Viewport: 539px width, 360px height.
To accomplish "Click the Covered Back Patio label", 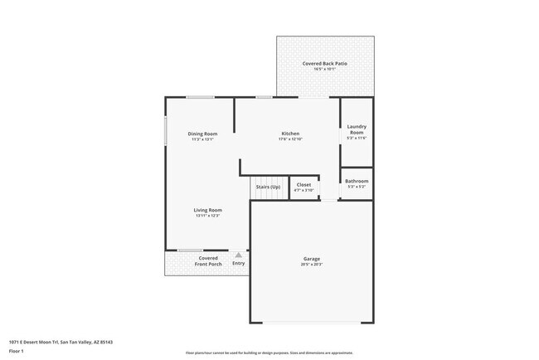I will (x=324, y=64).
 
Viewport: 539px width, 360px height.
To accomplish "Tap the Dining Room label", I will (x=202, y=134).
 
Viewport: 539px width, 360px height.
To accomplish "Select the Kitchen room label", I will (x=290, y=134).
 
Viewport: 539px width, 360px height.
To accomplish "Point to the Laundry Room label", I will (x=357, y=129).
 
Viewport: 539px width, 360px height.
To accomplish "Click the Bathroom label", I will (x=357, y=181).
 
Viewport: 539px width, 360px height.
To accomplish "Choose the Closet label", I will (x=303, y=185).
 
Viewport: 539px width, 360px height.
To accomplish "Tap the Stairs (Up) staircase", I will (x=268, y=187).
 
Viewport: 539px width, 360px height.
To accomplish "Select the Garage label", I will (x=311, y=259).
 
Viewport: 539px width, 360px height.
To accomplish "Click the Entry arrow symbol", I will (x=239, y=255).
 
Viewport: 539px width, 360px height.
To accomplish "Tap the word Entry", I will (x=239, y=264).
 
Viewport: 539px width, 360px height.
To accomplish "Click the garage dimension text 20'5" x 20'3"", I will (x=311, y=265).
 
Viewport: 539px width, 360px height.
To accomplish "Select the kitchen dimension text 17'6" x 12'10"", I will (x=290, y=139).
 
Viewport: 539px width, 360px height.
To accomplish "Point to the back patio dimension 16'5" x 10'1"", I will (x=324, y=70).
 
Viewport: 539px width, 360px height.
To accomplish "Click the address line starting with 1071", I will (x=61, y=342).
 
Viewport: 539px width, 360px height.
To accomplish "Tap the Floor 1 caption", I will (x=17, y=351).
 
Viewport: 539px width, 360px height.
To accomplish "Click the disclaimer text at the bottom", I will (x=269, y=353).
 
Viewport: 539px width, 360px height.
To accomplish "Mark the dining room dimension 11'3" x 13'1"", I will (x=202, y=139).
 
